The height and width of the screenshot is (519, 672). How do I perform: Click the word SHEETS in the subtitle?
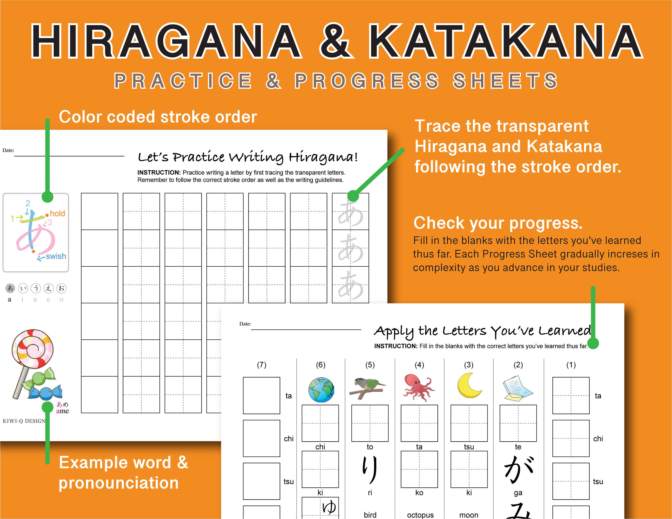[x=505, y=81]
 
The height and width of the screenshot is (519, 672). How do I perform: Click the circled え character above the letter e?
[x=49, y=288]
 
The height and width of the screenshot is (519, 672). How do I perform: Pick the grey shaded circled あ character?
[x=10, y=288]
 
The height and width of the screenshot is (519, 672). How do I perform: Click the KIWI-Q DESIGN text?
[x=24, y=421]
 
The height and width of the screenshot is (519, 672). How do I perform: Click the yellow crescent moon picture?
[x=468, y=386]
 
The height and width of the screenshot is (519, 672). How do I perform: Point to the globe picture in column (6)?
[x=321, y=390]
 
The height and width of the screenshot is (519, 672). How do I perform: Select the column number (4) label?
[x=419, y=365]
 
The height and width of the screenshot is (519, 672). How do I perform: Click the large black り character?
[x=370, y=469]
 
